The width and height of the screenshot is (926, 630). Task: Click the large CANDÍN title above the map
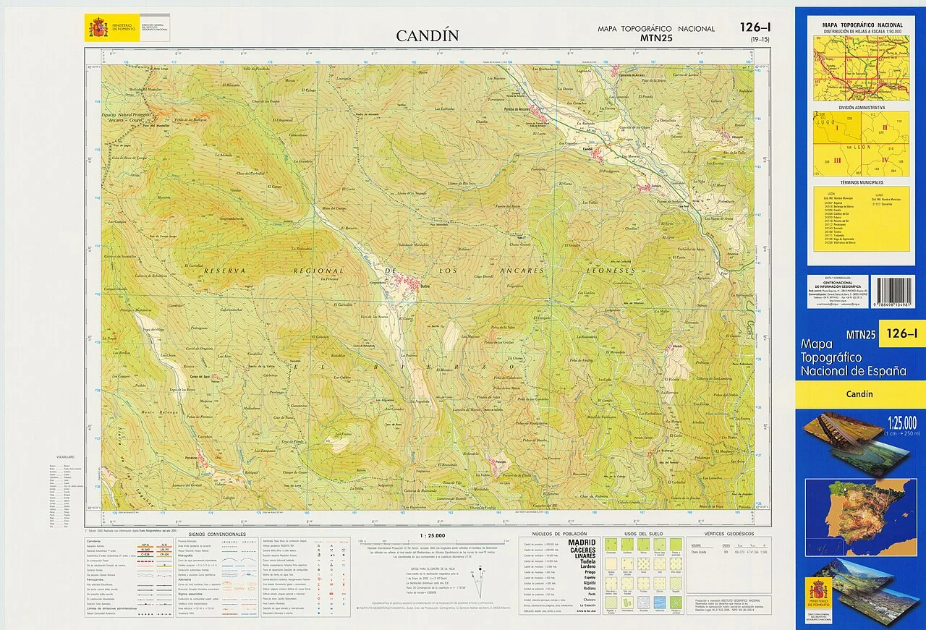[427, 35]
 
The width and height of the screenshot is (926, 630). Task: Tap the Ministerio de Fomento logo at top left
[98, 27]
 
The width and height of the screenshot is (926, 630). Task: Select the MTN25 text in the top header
[656, 38]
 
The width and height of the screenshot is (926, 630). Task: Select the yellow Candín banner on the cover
[859, 394]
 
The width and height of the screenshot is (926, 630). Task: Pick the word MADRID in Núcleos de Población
[582, 542]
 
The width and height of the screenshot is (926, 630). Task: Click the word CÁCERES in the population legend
[582, 550]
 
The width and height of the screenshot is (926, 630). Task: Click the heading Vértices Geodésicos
[725, 534]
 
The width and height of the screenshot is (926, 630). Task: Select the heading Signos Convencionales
[217, 534]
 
